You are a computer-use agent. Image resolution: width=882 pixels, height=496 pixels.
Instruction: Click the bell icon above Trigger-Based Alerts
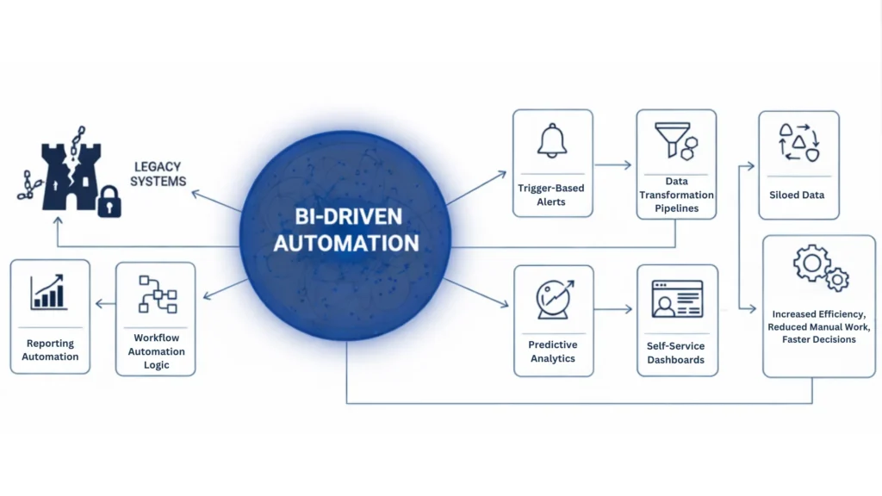(552, 141)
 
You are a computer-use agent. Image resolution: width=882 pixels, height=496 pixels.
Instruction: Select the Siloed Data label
(797, 195)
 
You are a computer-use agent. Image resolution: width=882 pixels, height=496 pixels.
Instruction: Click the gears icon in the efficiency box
(820, 268)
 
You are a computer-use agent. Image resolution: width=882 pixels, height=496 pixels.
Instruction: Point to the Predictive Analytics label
(553, 351)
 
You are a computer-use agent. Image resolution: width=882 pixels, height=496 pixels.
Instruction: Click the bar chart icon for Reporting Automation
(50, 293)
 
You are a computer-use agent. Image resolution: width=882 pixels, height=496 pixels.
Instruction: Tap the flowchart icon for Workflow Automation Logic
(157, 295)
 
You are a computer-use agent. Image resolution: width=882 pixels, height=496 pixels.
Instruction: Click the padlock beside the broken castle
(109, 202)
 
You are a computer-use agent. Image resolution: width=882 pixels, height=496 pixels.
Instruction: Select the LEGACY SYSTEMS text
(159, 173)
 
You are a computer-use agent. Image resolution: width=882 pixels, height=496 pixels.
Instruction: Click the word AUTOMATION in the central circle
(346, 243)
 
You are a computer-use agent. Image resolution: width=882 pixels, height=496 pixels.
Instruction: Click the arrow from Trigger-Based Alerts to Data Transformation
(613, 164)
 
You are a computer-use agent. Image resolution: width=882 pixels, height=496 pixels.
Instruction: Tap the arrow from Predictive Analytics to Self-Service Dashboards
(613, 308)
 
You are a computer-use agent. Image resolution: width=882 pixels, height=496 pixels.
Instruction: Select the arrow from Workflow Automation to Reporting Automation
(104, 303)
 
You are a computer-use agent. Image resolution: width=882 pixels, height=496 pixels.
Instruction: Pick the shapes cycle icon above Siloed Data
(798, 142)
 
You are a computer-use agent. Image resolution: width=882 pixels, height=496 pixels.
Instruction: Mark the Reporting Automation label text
(50, 350)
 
